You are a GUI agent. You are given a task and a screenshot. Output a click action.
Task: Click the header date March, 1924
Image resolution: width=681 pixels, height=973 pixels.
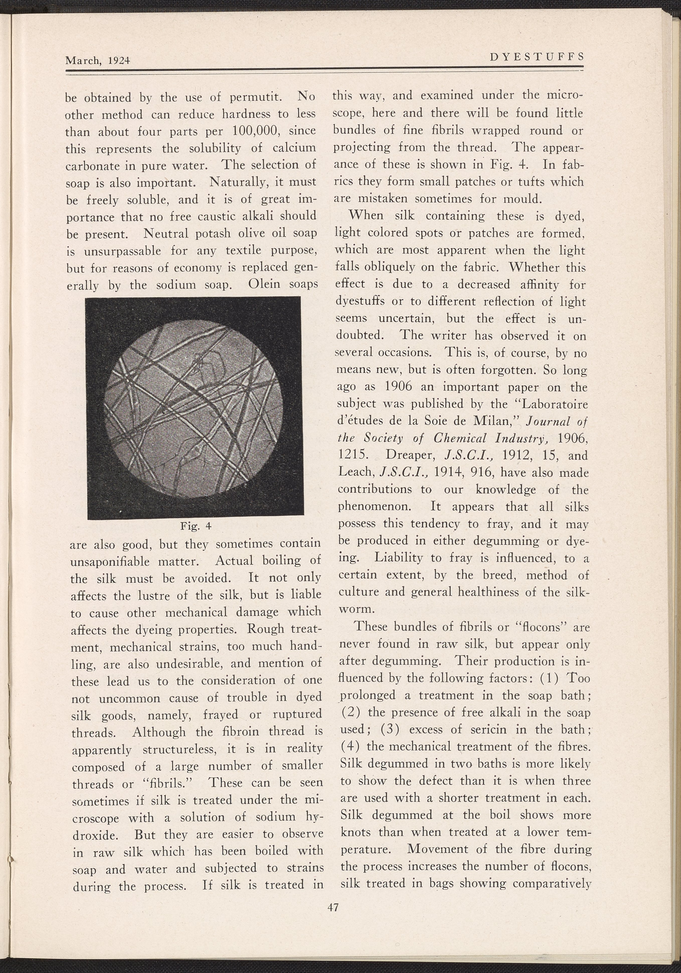(97, 61)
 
